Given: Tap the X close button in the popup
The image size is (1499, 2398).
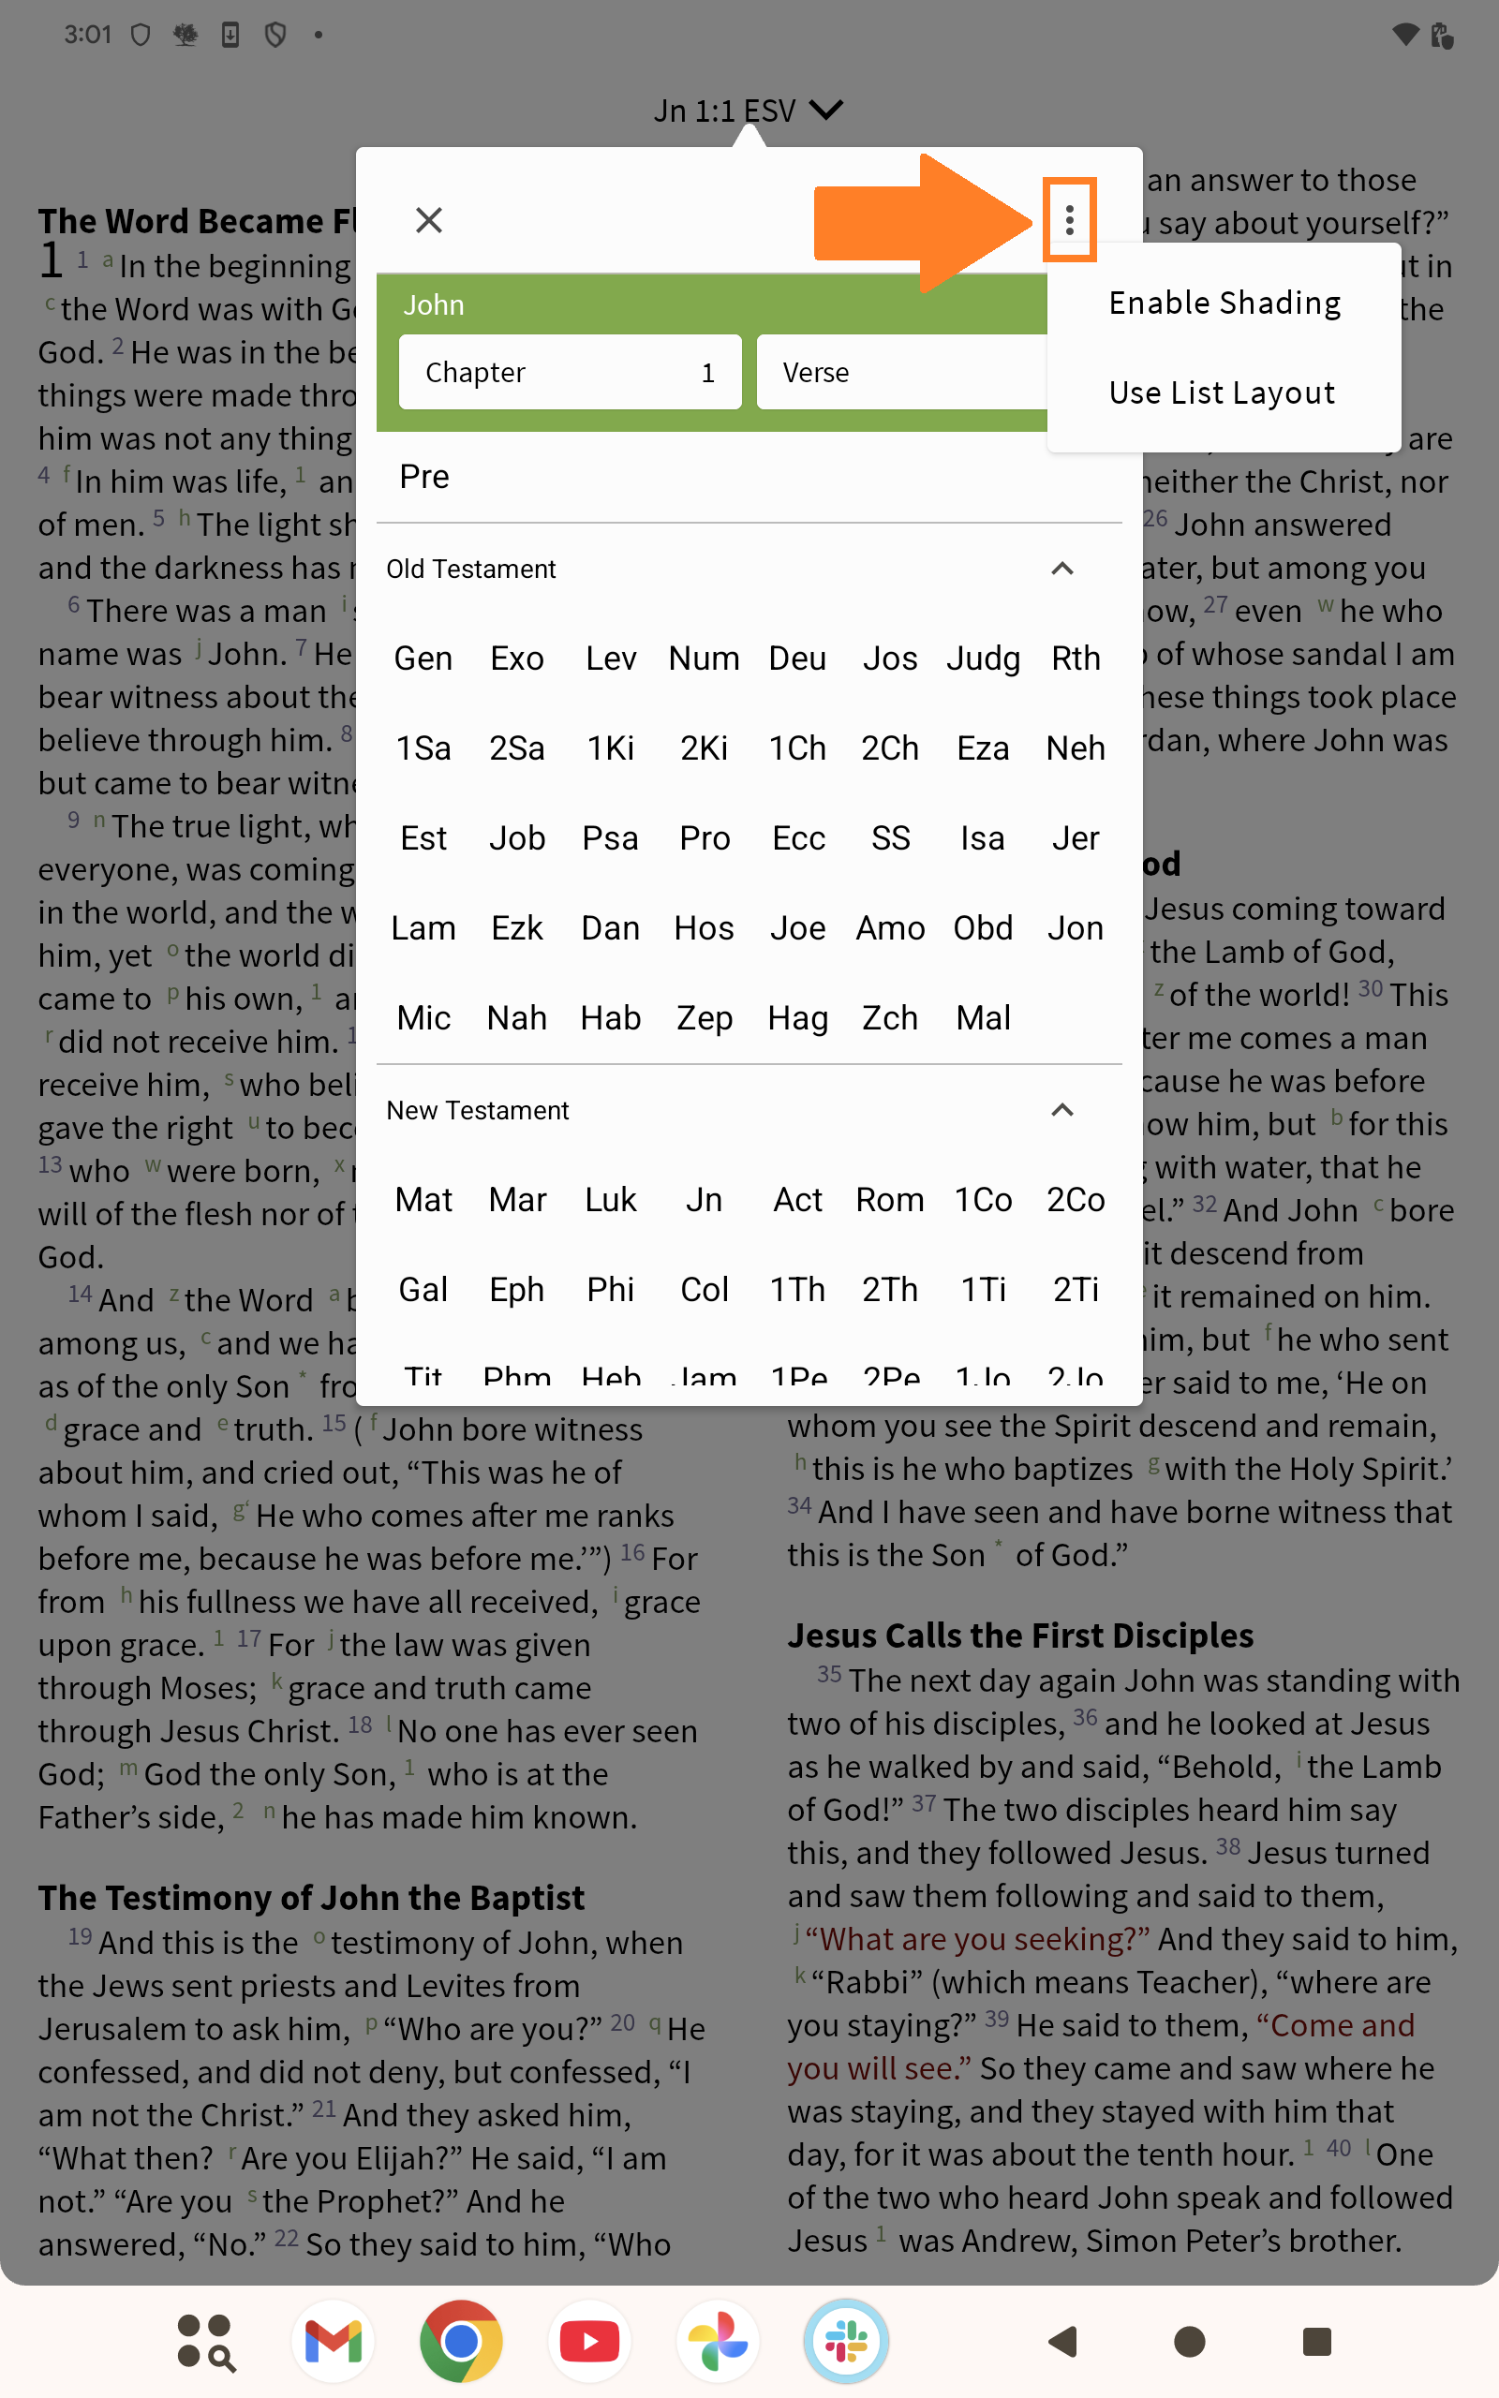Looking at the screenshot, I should coord(428,220).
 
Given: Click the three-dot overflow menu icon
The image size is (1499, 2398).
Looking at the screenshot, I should coord(1069,220).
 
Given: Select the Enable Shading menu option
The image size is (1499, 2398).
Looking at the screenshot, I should coord(1224,303).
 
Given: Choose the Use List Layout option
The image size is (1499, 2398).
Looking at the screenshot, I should coord(1222,393).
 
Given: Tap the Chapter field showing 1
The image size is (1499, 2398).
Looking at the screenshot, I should coord(569,373).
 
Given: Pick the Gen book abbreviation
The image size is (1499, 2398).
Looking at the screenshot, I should coord(423,659).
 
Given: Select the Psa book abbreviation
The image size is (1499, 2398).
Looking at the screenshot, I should coord(610,839).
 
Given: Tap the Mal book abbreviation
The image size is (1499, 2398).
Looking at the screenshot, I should coord(983,1018).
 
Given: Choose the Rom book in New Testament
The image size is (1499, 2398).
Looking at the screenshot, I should coord(889,1201).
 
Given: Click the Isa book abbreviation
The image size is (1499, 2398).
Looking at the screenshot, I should coord(983,839).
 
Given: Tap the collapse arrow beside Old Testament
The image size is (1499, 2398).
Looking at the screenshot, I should coord(1061,570).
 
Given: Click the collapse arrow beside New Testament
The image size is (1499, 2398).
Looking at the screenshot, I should coord(1061,1111).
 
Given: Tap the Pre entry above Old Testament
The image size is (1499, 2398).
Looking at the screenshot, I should coord(424,478).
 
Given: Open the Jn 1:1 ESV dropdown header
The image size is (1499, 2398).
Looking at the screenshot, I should coord(748,110).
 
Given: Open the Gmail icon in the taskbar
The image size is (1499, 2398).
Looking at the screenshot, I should coord(334,2342).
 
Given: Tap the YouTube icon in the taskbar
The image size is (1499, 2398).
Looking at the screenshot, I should coord(589,2342).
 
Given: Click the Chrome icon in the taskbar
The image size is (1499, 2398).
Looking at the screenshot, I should coord(461,2342).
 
